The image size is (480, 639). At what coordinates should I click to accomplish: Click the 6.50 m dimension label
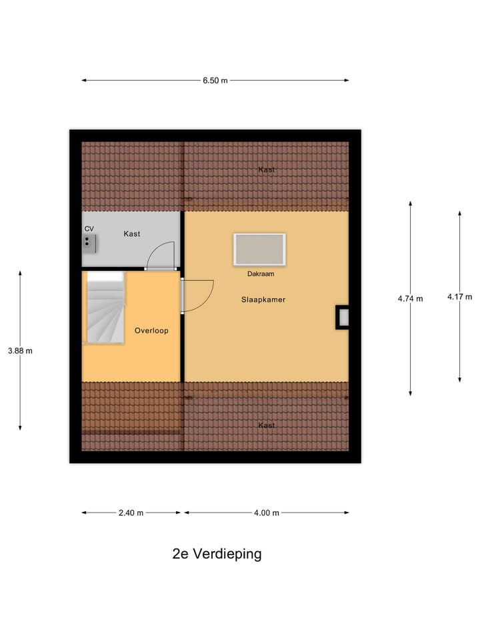pyautogui.click(x=215, y=81)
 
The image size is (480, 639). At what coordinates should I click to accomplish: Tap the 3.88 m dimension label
pyautogui.click(x=20, y=351)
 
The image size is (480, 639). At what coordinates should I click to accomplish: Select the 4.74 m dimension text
pyautogui.click(x=410, y=299)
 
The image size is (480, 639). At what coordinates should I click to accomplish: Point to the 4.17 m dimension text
pyautogui.click(x=459, y=297)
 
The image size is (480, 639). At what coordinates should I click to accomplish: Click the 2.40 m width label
pyautogui.click(x=131, y=513)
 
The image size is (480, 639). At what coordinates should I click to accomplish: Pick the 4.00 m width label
pyautogui.click(x=266, y=513)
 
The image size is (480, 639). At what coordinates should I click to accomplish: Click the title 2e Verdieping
pyautogui.click(x=217, y=554)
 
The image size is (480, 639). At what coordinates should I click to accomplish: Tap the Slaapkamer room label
pyautogui.click(x=263, y=300)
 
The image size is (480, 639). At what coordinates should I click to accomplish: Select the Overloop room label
pyautogui.click(x=151, y=330)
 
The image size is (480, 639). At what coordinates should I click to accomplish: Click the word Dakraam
pyautogui.click(x=260, y=274)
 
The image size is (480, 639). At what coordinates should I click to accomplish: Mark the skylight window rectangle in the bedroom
pyautogui.click(x=259, y=250)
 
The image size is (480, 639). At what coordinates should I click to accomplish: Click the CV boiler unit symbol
pyautogui.click(x=90, y=244)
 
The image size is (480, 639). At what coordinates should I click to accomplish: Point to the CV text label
pyautogui.click(x=89, y=229)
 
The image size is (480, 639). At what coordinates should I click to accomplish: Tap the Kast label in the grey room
pyautogui.click(x=132, y=234)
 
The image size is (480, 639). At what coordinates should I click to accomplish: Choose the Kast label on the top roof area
pyautogui.click(x=267, y=170)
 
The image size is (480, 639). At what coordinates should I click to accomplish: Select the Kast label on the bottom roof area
pyautogui.click(x=267, y=425)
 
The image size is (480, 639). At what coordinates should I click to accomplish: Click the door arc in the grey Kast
pyautogui.click(x=161, y=255)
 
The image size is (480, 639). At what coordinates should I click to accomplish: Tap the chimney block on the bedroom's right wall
pyautogui.click(x=343, y=318)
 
